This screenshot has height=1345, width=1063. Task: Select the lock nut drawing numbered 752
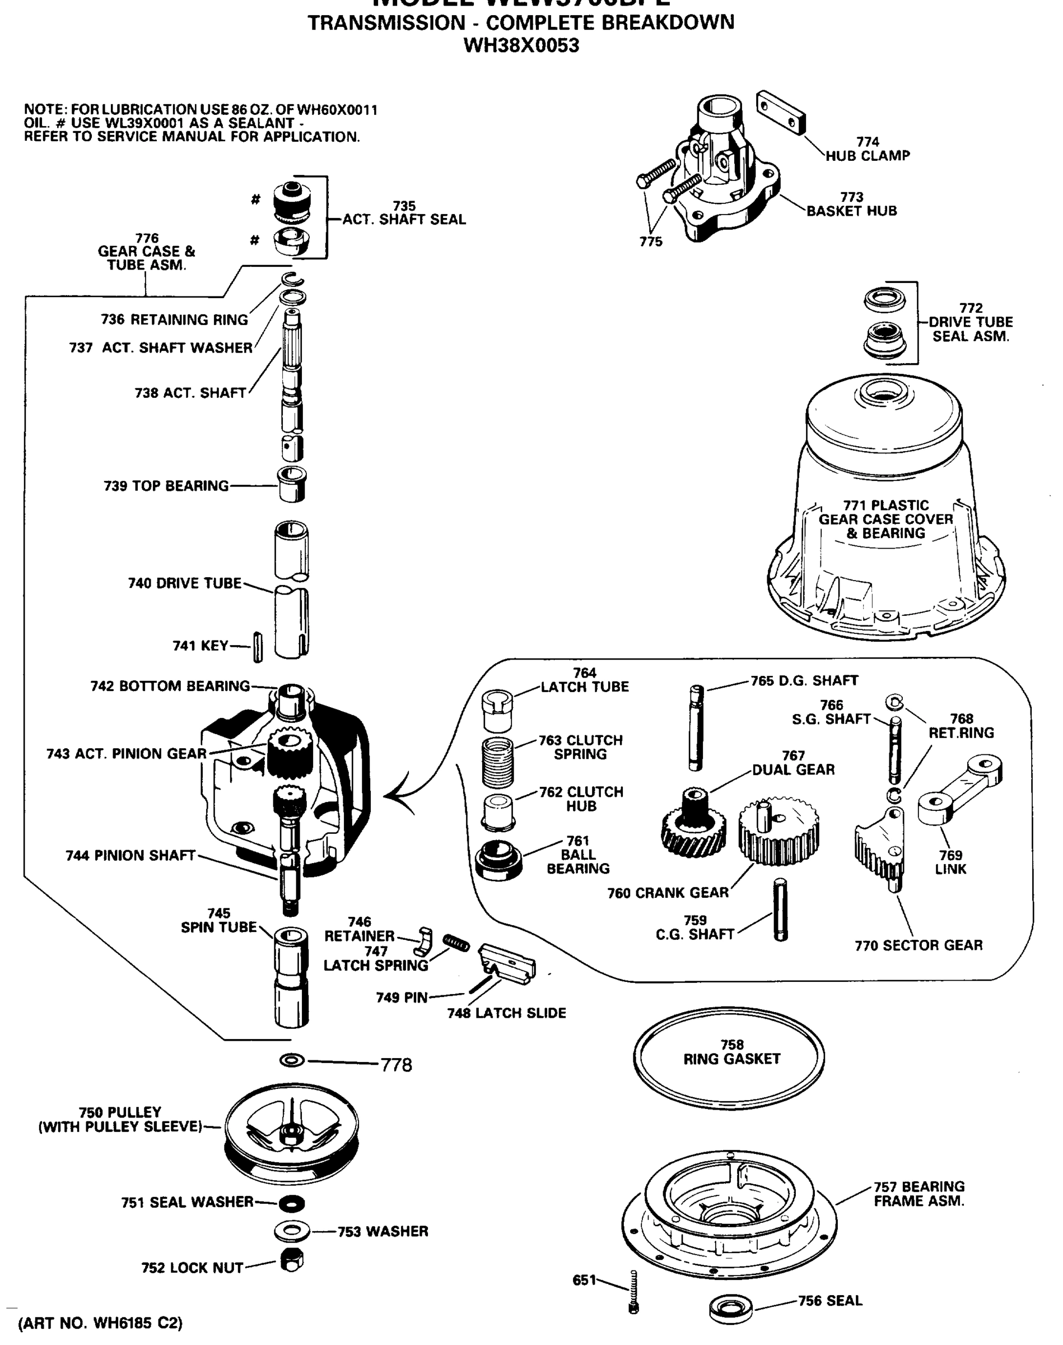(x=291, y=1261)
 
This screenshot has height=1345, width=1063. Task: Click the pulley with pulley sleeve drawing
(x=291, y=1136)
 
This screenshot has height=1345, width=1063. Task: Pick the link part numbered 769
(x=958, y=789)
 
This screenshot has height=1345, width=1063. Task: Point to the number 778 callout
(x=397, y=1065)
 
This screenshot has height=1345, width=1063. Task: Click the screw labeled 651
(x=633, y=1293)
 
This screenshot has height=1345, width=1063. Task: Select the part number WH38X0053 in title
(x=521, y=45)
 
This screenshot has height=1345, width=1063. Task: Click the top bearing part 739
(x=291, y=484)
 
